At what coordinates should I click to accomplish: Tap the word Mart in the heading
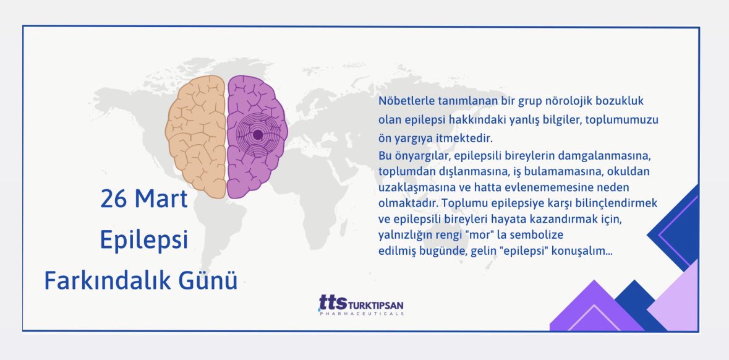coord(161,200)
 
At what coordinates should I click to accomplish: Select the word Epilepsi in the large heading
coord(144,240)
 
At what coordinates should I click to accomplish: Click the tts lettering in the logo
coord(333,302)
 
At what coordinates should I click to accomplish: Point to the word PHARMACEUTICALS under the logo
coord(362,314)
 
